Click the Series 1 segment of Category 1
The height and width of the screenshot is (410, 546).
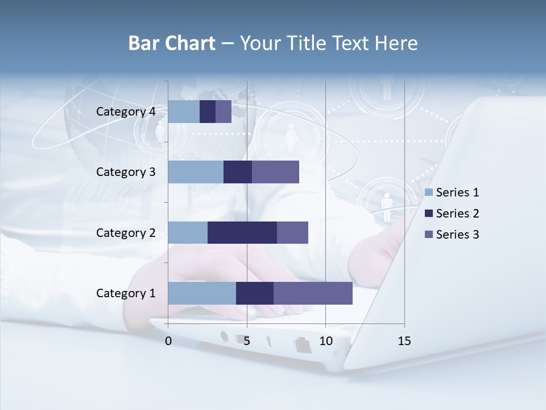202,293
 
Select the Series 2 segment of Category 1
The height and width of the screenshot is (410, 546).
255,293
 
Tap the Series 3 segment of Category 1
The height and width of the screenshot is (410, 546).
313,293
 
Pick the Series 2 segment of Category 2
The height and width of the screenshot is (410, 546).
242,232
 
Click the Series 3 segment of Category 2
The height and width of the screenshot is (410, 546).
292,232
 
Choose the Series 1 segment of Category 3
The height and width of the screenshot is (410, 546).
196,172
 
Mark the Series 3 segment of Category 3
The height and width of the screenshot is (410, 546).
275,172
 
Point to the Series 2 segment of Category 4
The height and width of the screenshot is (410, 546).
208,112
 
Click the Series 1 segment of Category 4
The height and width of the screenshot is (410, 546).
184,112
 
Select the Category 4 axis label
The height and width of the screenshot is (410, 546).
126,112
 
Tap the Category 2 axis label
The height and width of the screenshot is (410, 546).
126,232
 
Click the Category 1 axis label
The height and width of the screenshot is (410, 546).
126,293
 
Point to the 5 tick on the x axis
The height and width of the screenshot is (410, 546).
247,341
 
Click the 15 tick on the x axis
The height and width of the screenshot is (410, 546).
404,341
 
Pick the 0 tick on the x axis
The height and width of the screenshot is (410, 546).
168,341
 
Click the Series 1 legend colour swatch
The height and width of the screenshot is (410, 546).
429,192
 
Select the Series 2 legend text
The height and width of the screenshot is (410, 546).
457,214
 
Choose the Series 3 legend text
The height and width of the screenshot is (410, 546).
457,235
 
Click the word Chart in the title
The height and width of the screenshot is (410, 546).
191,43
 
